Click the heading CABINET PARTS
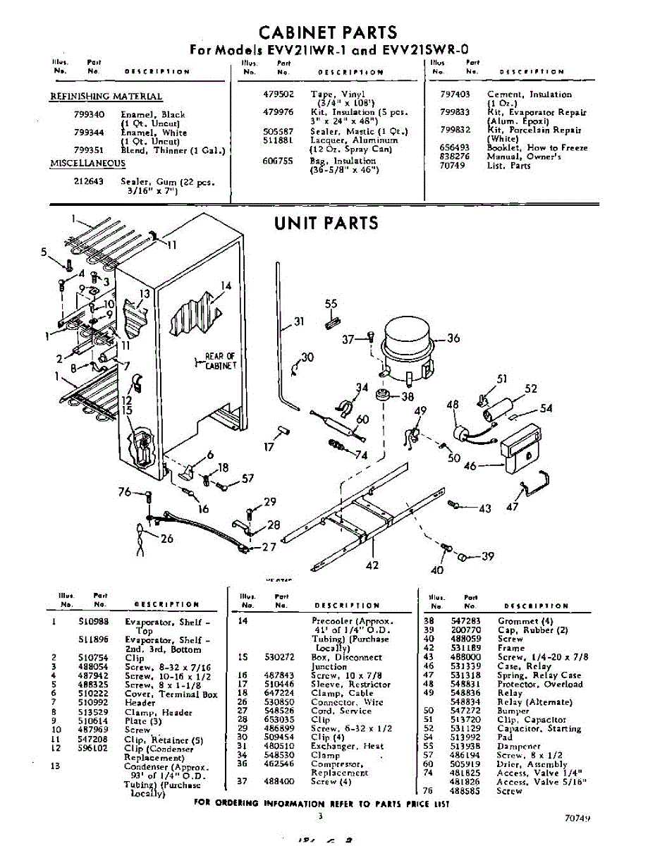[x=328, y=32]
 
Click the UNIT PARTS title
[x=326, y=223]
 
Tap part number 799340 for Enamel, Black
[x=89, y=114]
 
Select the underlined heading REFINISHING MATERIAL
[x=106, y=97]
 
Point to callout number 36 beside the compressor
[x=453, y=338]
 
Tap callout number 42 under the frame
[x=372, y=565]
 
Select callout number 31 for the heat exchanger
[x=298, y=322]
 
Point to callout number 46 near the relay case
[x=470, y=466]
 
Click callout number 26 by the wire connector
[x=166, y=540]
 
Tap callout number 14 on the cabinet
[x=226, y=286]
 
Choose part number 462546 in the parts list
[x=270, y=764]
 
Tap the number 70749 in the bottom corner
[x=577, y=819]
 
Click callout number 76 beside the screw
[x=125, y=492]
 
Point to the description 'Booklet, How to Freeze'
[x=537, y=148]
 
